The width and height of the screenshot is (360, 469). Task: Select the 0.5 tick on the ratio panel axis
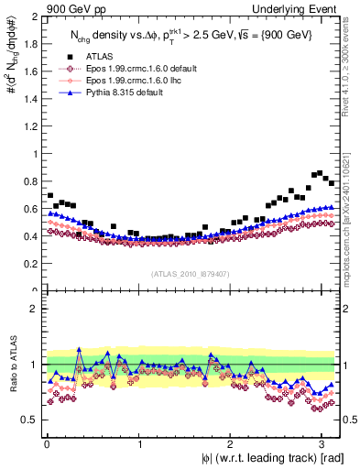(x=30, y=420)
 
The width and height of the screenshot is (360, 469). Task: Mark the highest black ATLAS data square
(x=319, y=172)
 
